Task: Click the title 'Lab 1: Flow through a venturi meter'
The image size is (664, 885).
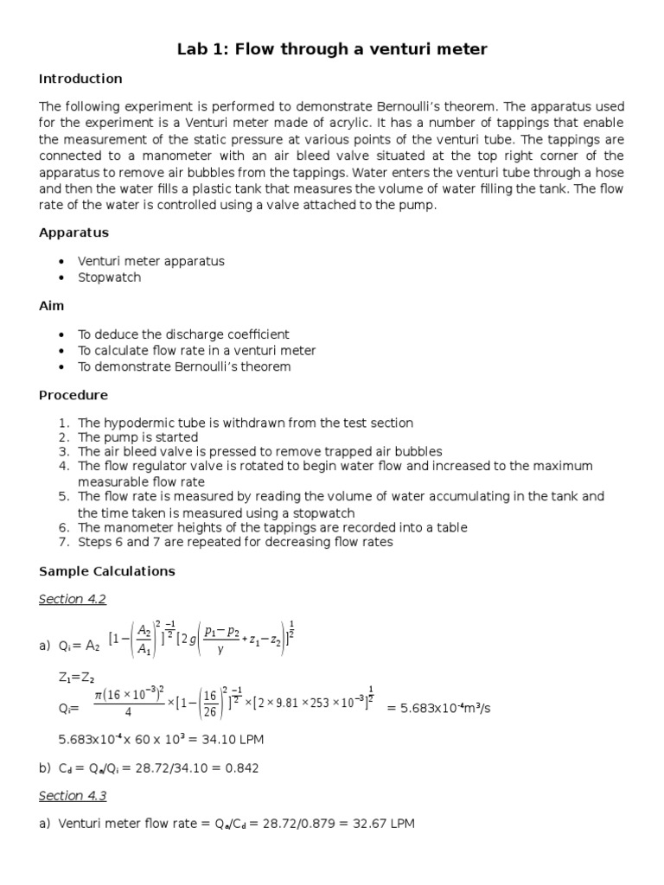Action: coord(332,49)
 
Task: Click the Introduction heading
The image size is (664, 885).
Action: coord(80,79)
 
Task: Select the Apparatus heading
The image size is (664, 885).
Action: coord(73,232)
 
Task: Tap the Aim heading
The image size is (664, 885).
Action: coord(51,306)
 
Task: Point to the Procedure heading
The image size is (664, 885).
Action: coord(73,395)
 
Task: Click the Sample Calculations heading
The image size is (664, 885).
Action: coord(107,571)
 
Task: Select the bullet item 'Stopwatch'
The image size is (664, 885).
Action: coord(109,277)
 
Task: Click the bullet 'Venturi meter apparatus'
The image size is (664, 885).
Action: coord(150,261)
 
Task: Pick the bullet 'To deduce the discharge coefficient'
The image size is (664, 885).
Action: coord(183,334)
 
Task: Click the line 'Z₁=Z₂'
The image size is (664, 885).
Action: coord(75,677)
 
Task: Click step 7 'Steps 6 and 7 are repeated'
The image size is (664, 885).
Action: coord(234,543)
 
